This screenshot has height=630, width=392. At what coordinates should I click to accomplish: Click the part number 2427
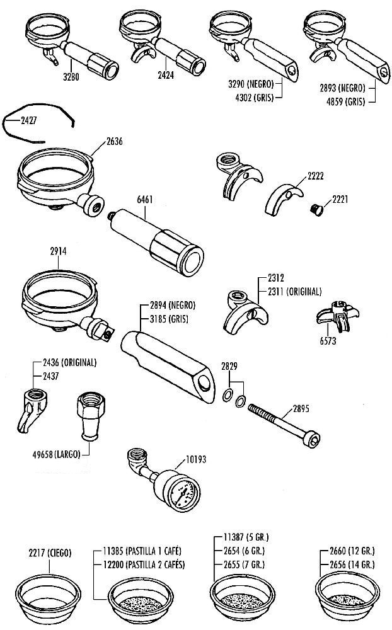click(28, 120)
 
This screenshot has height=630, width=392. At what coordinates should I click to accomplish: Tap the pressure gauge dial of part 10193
click(183, 493)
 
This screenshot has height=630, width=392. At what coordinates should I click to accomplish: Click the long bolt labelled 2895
click(284, 425)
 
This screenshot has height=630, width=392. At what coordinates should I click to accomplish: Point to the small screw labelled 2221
click(317, 210)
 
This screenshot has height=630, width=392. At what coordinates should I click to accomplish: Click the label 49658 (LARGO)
click(56, 454)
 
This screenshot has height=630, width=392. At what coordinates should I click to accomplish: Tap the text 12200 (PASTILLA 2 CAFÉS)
click(144, 564)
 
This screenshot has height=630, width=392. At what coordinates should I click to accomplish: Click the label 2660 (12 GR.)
click(352, 551)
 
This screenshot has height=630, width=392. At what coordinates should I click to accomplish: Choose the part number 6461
click(145, 199)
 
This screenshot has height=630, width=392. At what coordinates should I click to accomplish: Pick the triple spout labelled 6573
click(338, 316)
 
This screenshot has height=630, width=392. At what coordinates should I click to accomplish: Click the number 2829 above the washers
click(229, 366)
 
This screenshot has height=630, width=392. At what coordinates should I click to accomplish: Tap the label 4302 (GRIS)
click(254, 98)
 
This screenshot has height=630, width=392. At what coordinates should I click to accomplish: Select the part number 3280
click(71, 76)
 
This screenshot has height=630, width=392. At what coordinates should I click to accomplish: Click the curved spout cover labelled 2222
click(284, 198)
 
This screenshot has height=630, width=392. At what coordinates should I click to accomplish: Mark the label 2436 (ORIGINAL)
click(69, 362)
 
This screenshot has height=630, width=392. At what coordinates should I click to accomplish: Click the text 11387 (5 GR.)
click(246, 537)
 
